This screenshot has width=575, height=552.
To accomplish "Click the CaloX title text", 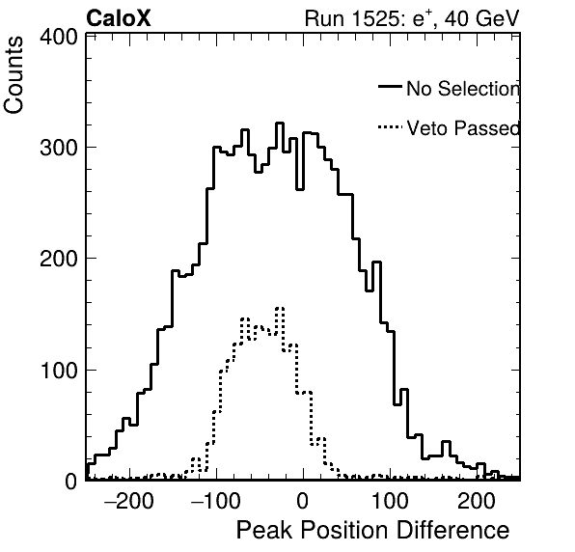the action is [x=118, y=18].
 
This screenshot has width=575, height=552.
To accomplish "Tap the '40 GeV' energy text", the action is [x=481, y=18].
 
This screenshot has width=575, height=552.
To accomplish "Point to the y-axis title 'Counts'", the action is [x=14, y=75].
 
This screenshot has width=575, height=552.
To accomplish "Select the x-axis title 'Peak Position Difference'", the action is [x=372, y=531].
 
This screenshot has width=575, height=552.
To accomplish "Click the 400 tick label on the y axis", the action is [x=59, y=37].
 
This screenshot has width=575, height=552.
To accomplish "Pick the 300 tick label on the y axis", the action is [x=59, y=148].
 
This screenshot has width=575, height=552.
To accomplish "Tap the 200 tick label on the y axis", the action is [x=59, y=259].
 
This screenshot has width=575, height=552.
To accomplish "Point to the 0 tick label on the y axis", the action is [x=71, y=481].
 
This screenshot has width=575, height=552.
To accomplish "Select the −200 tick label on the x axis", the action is [x=128, y=501].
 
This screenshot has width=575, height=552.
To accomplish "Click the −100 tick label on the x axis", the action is [x=216, y=501].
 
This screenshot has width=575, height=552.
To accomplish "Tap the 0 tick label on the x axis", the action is [x=302, y=501].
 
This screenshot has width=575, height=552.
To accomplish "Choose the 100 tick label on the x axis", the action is [x=390, y=501].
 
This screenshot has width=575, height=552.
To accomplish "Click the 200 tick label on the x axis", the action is [x=477, y=501].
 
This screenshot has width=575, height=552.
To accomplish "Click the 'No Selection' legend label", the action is [x=463, y=89].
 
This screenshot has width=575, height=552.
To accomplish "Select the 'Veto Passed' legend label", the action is [x=463, y=128].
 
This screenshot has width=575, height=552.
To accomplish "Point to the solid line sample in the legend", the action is [x=390, y=86].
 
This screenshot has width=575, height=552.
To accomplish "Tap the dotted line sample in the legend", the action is [x=390, y=126].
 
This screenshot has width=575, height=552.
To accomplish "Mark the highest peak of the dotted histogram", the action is [x=280, y=308].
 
